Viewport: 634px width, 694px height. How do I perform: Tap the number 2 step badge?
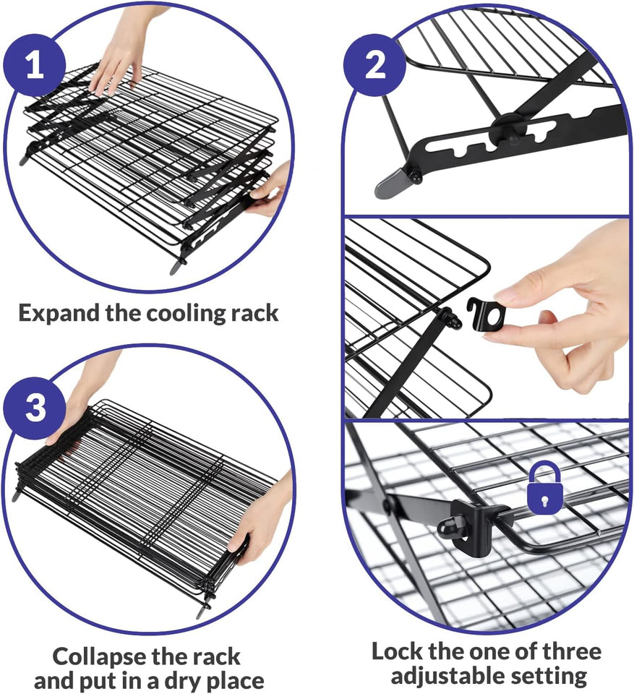coord(375,66)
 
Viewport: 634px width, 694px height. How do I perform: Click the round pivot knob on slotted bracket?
coord(504,129)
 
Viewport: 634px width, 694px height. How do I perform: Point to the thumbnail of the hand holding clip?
coord(564,304)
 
